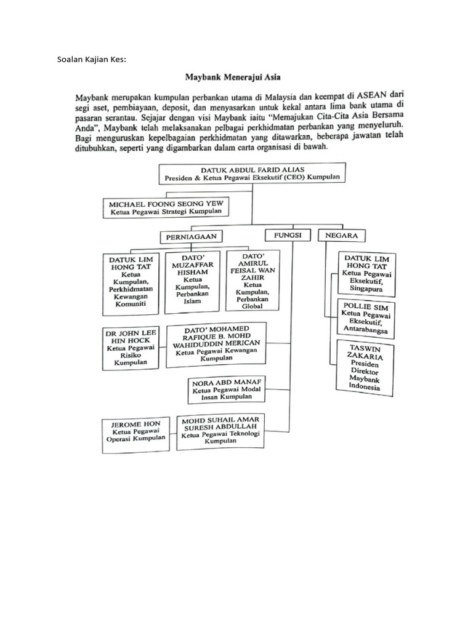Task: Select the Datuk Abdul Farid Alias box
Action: (x=252, y=173)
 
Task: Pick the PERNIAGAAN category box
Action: (x=192, y=236)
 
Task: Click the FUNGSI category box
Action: (x=287, y=235)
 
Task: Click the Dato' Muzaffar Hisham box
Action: (x=193, y=279)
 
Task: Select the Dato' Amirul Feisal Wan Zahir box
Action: (x=253, y=279)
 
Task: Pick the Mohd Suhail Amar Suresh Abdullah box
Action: (x=220, y=431)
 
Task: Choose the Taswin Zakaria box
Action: (x=365, y=369)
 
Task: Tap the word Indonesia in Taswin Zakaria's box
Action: (x=364, y=387)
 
